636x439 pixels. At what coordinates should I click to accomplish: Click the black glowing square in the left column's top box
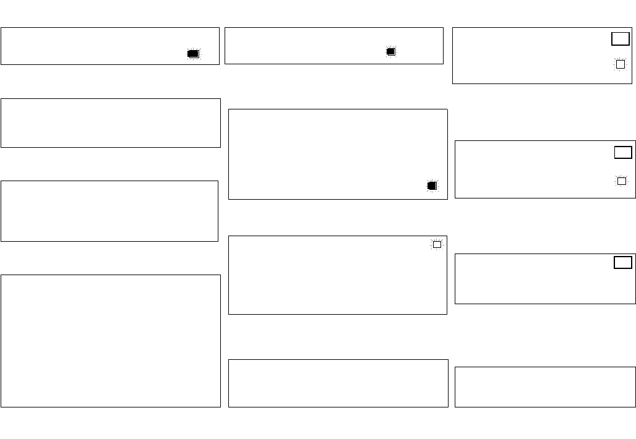[x=194, y=54]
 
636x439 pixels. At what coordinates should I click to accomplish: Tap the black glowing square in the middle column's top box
[x=390, y=52]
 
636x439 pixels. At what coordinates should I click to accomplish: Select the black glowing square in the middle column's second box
[x=432, y=185]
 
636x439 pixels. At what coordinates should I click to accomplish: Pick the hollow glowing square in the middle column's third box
[x=437, y=244]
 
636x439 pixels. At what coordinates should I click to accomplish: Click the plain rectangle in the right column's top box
[x=620, y=39]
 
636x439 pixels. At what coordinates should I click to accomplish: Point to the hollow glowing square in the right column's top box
[x=620, y=64]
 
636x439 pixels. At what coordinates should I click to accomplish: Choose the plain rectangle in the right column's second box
[x=622, y=152]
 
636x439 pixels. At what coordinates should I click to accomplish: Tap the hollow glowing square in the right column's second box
[x=621, y=181]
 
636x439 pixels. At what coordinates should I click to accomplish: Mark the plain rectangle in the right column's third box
[x=622, y=262]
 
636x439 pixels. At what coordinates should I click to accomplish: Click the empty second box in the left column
[x=110, y=122]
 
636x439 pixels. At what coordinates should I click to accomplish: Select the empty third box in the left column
[x=110, y=210]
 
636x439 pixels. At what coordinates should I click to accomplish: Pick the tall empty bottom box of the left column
[x=110, y=341]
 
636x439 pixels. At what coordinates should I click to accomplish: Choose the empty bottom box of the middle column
[x=338, y=383]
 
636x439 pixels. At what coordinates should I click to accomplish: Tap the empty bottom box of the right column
[x=544, y=386]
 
